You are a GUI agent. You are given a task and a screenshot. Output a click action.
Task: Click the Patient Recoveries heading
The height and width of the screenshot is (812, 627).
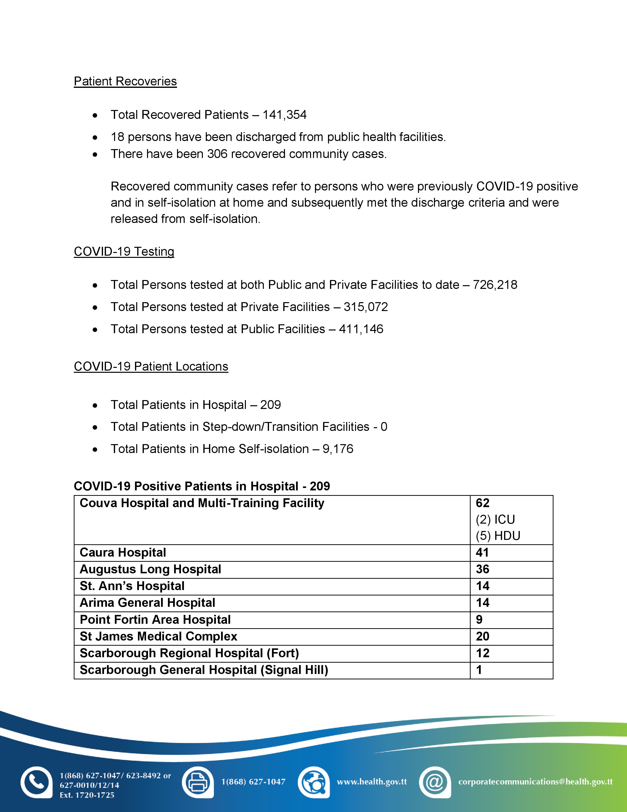click(125, 81)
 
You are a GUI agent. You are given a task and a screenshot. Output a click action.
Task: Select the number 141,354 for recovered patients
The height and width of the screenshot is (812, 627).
click(284, 115)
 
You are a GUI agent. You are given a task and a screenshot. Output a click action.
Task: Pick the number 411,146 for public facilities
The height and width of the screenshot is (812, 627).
click(361, 329)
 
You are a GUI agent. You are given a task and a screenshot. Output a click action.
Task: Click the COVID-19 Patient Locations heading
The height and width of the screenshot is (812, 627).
click(151, 367)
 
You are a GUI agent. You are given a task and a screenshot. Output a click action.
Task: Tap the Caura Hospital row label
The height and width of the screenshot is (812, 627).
click(123, 552)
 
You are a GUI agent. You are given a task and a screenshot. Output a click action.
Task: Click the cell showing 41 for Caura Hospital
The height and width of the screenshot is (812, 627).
click(482, 552)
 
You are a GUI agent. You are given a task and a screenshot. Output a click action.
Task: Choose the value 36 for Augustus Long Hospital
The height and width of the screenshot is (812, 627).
click(482, 569)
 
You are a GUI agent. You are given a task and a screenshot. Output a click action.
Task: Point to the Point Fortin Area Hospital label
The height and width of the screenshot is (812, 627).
click(155, 620)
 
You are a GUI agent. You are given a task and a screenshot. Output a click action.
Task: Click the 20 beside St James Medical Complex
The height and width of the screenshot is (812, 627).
click(482, 637)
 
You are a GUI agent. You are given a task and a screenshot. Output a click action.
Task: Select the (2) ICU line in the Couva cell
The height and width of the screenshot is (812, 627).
click(495, 519)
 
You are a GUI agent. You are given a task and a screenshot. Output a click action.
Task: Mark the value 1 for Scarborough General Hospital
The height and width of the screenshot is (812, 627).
click(479, 670)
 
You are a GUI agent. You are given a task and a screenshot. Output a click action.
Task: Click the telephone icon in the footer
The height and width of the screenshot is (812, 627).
click(36, 782)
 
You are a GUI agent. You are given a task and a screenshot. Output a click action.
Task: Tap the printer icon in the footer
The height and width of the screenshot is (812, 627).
click(198, 782)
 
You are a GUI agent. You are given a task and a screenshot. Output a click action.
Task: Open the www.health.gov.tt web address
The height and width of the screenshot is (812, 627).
click(372, 782)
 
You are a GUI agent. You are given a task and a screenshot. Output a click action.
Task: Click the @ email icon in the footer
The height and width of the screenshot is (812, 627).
click(434, 782)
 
